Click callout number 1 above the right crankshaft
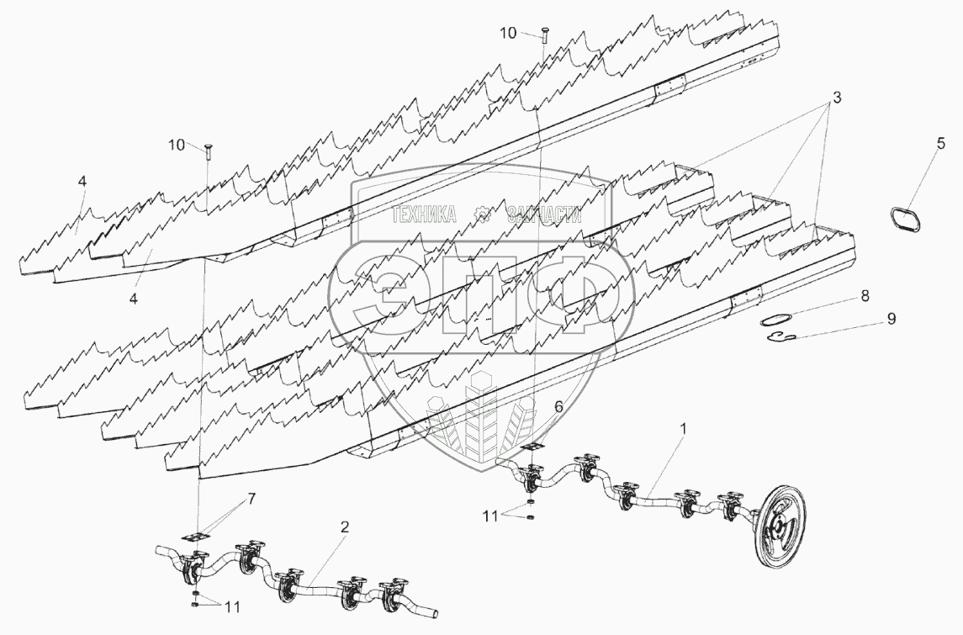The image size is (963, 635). coord(684,429)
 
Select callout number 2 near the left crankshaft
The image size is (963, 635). coord(345,527)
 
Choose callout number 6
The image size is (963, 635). coord(557,405)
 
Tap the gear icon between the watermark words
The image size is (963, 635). coord(483,214)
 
